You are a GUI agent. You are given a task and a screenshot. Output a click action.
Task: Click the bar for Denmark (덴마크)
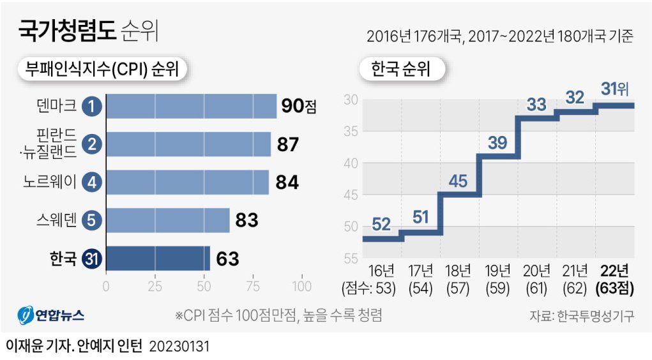191,106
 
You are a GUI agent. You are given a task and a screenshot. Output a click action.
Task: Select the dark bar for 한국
158,259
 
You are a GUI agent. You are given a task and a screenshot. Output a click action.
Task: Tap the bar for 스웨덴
167,220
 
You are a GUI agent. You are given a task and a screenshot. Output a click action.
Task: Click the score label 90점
299,106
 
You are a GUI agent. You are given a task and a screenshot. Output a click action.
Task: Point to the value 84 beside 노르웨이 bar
287,182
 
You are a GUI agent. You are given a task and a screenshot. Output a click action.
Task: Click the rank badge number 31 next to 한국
93,259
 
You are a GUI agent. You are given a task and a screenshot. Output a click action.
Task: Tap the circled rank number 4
93,182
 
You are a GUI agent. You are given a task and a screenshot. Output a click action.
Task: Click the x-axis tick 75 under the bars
254,286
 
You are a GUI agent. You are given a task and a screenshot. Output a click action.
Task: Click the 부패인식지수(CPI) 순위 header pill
102,70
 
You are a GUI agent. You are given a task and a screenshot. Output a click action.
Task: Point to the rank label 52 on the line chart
381,224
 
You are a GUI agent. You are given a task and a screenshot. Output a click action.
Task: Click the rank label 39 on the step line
497,143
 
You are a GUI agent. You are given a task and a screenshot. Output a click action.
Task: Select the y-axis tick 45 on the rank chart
351,195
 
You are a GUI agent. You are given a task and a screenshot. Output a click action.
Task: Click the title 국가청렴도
67,31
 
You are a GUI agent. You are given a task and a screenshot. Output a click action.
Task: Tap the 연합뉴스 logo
52,315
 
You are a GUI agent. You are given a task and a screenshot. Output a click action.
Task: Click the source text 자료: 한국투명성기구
581,316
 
